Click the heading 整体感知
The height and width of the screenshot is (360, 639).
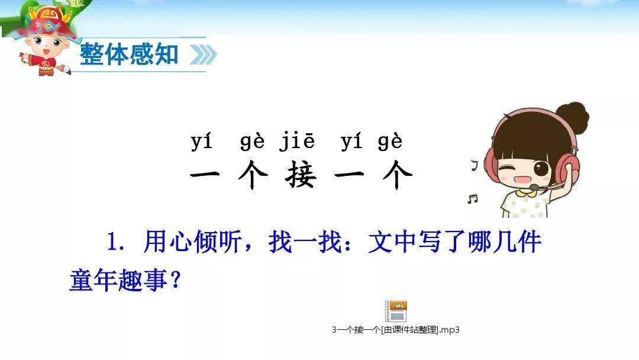(129, 54)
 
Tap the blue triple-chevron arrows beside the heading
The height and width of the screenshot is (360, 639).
(203, 54)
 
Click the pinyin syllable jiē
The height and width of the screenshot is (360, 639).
(297, 142)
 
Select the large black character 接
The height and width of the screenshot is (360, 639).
(301, 174)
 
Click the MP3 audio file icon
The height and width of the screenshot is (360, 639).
(396, 311)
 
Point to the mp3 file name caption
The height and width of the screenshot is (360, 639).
(396, 330)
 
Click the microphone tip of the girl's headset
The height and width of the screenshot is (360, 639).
(534, 187)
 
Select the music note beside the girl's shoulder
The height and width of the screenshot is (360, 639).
(472, 198)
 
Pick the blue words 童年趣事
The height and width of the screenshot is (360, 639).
(118, 280)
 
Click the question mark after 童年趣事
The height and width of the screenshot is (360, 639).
(176, 281)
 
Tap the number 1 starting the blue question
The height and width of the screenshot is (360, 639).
(112, 242)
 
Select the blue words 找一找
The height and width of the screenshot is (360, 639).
(305, 242)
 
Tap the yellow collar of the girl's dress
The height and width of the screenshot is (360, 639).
(523, 192)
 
